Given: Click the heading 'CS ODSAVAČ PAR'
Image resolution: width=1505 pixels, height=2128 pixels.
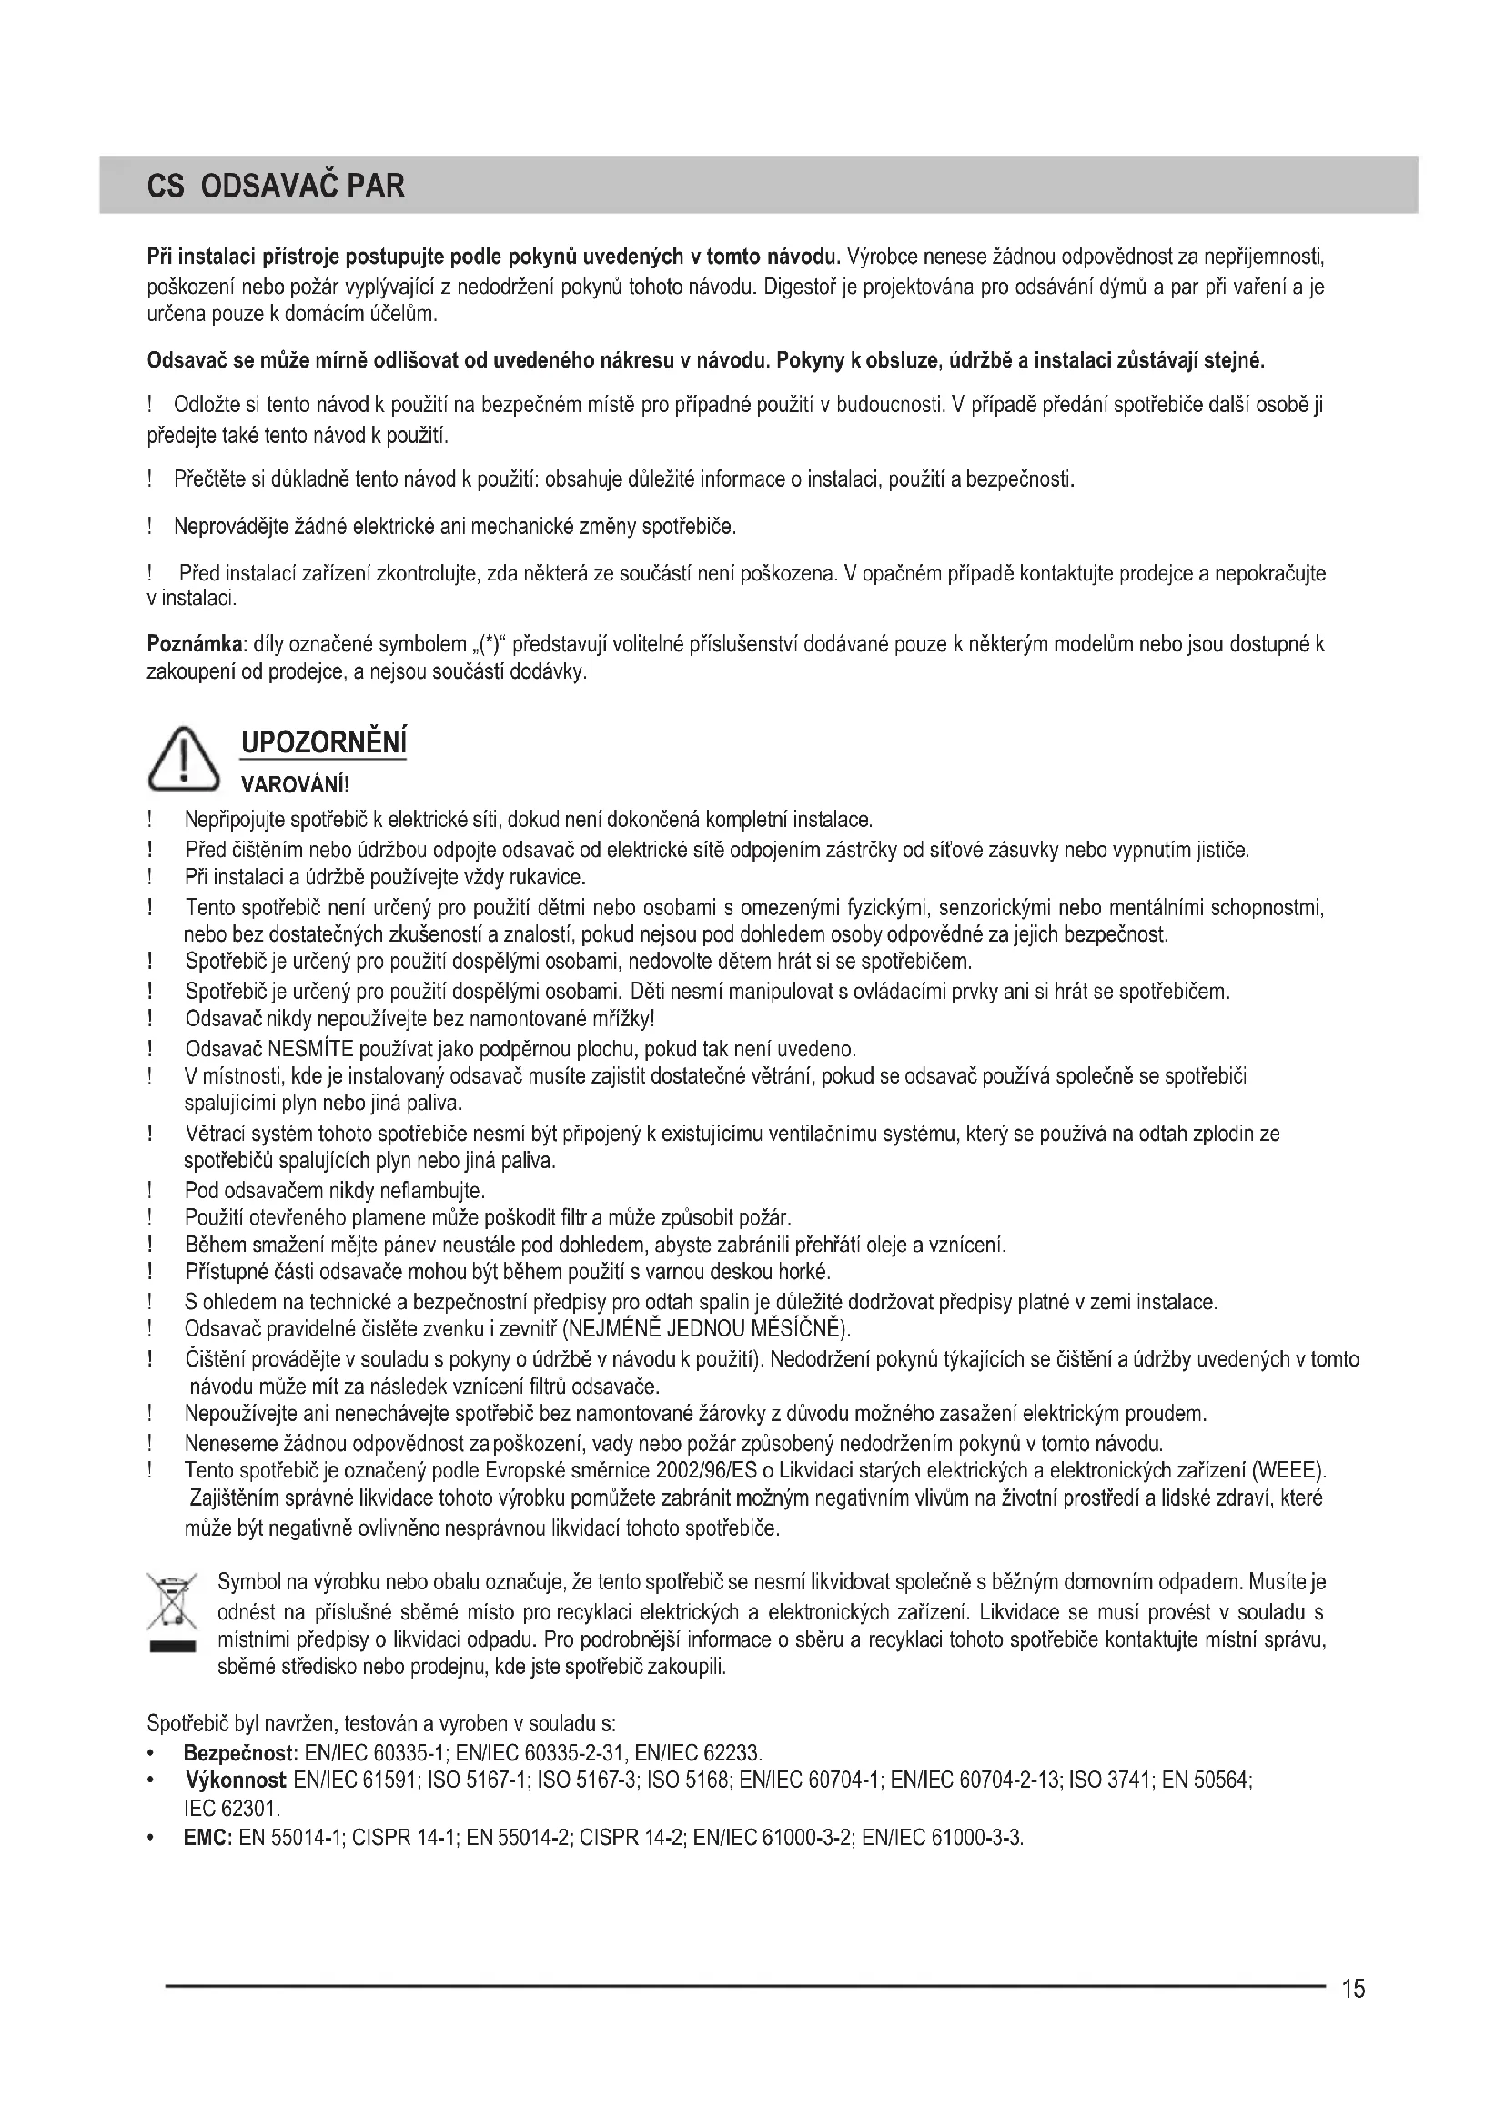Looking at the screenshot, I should tap(277, 187).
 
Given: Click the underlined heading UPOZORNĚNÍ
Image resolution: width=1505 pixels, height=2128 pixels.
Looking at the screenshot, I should tap(323, 742).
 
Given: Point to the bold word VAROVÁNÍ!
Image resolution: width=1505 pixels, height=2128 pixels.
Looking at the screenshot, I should tap(295, 786).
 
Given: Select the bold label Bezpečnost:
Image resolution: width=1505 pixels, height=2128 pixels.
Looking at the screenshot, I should tap(240, 1752).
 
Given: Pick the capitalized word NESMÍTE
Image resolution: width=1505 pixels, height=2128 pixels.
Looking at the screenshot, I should tap(304, 1049).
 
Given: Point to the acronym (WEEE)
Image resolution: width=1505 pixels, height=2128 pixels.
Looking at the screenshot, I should tap(1289, 1470).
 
